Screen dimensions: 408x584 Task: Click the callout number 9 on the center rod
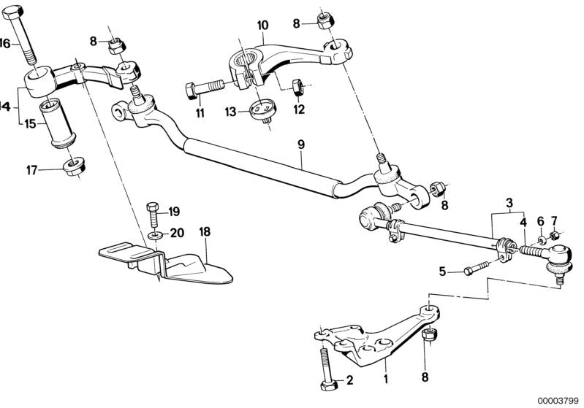(x=300, y=145)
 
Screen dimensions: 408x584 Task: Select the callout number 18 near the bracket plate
(x=205, y=231)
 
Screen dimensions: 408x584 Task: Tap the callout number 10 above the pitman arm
(x=262, y=25)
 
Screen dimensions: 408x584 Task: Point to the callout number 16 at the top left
(x=5, y=43)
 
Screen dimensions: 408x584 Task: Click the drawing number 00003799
(x=560, y=401)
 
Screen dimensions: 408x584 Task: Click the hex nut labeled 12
(x=297, y=87)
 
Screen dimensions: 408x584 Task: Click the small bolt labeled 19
(x=152, y=212)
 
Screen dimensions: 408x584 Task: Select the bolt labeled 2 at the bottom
(x=325, y=371)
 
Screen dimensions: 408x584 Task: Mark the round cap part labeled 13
(x=259, y=110)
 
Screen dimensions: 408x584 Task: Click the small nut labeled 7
(x=555, y=235)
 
